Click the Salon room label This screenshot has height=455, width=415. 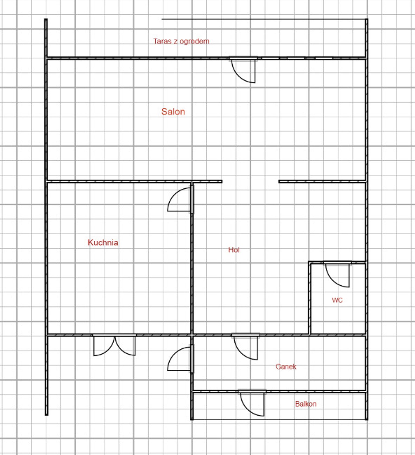(173, 112)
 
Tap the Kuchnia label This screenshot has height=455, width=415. (103, 242)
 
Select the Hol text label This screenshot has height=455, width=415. (234, 250)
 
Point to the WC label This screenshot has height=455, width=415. (337, 300)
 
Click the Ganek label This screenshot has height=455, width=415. (286, 367)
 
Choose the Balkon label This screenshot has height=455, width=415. (306, 404)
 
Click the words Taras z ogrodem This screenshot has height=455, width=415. (181, 41)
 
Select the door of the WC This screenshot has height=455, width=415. (337, 274)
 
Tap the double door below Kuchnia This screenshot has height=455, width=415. (114, 345)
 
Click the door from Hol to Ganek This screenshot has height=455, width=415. (246, 347)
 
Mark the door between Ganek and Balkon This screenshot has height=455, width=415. (252, 403)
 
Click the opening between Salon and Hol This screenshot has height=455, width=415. (250, 181)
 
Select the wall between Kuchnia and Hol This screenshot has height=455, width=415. (192, 258)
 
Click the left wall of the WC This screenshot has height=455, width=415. (309, 298)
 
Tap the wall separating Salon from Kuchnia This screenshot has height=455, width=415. (119, 181)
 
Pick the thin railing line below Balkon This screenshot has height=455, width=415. (279, 419)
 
